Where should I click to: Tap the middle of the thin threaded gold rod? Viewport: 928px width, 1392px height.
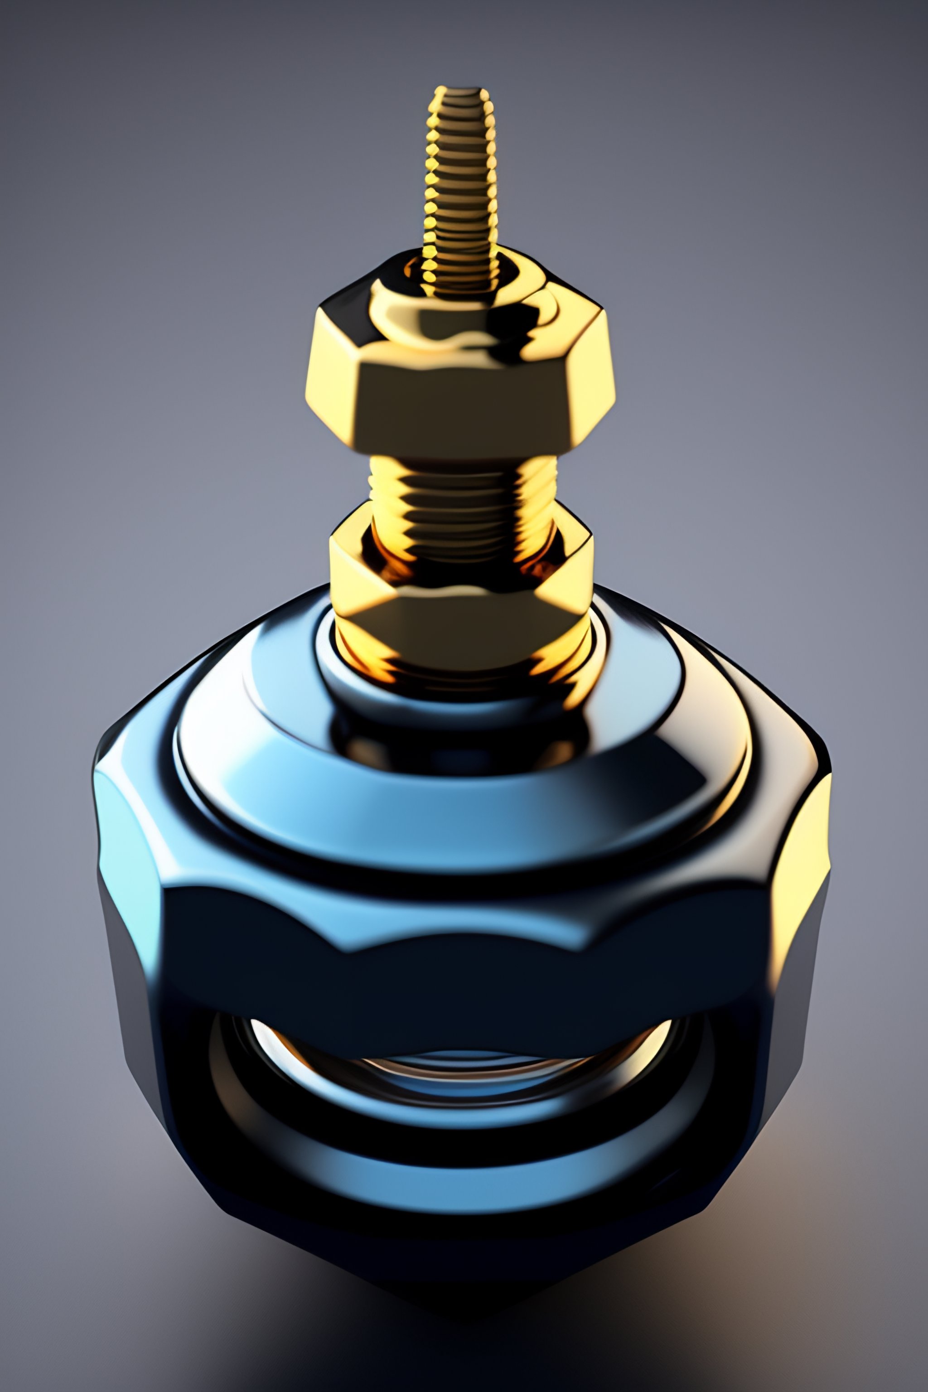[x=461, y=178]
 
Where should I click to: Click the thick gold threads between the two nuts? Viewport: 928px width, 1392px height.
[x=462, y=491]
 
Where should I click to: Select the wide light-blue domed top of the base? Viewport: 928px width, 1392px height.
[x=462, y=787]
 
